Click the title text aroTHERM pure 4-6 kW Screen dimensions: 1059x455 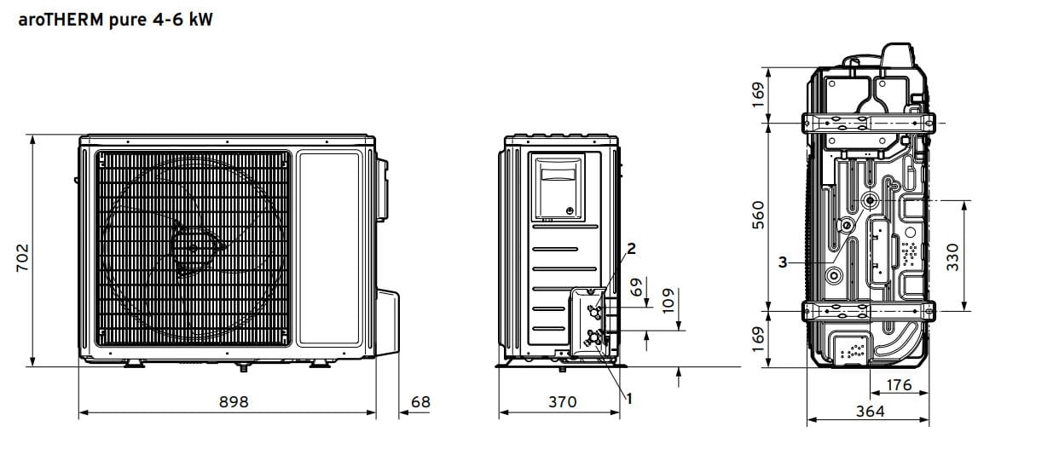[115, 20]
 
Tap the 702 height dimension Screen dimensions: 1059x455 [23, 257]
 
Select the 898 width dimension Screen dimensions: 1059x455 [234, 401]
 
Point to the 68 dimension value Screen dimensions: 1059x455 [420, 401]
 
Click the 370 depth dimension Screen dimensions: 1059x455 [563, 401]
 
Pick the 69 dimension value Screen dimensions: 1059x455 [637, 287]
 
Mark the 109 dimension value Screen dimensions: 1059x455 [668, 301]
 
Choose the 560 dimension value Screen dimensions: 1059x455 [758, 215]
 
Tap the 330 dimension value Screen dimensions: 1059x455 [953, 257]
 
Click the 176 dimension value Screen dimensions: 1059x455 [899, 385]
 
